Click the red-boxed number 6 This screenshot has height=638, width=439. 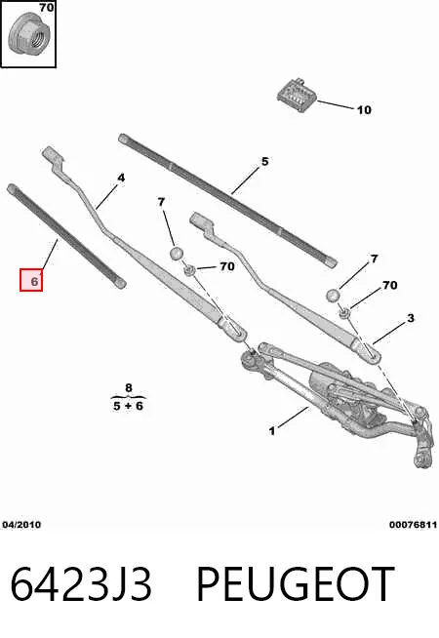[31, 280]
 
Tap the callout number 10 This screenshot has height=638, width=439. [364, 110]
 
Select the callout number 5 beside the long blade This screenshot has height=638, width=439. [265, 162]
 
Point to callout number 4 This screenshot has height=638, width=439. [121, 178]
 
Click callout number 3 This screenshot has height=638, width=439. [411, 318]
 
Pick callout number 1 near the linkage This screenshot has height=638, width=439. [272, 430]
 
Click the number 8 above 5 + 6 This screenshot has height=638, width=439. [129, 387]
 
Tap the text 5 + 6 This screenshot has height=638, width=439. [128, 406]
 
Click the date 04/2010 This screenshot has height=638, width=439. [21, 525]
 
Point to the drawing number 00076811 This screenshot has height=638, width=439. [413, 525]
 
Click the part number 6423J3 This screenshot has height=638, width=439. [81, 584]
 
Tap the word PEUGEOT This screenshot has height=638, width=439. [296, 584]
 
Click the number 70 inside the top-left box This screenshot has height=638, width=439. [47, 7]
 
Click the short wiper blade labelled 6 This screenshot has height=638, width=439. [66, 236]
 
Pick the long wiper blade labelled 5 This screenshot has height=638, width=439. [228, 200]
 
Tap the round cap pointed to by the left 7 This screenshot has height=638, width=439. [176, 253]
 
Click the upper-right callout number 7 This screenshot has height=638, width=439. [375, 259]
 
